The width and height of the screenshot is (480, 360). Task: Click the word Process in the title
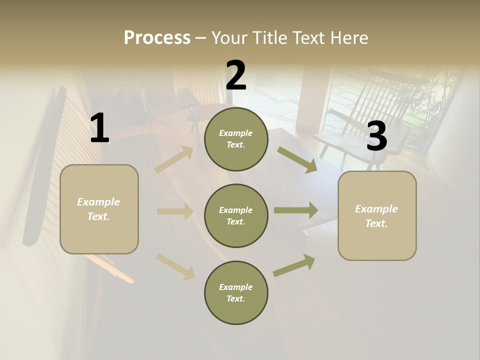[x=157, y=37]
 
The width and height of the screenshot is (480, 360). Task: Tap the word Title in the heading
[x=268, y=37]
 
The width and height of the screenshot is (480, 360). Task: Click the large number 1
[x=99, y=128]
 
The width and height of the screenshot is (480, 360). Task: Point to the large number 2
[x=236, y=75]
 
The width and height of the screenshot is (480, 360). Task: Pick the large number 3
[x=376, y=136]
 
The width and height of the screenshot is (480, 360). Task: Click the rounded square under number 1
[x=99, y=209]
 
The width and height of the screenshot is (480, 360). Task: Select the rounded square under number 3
[x=377, y=216]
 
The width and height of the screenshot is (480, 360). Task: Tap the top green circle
[x=236, y=139]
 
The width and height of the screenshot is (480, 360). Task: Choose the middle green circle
[x=236, y=216]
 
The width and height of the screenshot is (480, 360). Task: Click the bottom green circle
[x=236, y=293]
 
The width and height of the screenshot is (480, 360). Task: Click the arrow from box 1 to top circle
[x=174, y=159]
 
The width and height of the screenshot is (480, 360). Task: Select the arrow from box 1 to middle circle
[x=175, y=211]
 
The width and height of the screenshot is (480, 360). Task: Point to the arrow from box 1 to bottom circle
[x=175, y=266]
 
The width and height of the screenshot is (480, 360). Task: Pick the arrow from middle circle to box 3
[x=296, y=210]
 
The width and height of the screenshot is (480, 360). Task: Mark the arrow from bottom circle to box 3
[x=294, y=265]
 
